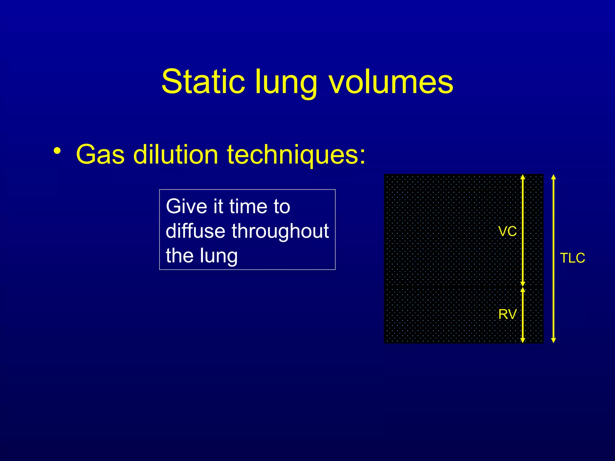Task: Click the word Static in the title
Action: click(x=203, y=82)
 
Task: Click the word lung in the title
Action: click(x=286, y=84)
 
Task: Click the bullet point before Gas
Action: click(x=57, y=151)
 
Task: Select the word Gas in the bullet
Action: click(x=100, y=155)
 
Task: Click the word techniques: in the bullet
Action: click(x=296, y=155)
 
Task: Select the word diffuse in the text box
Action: click(x=195, y=231)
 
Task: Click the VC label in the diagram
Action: click(x=507, y=231)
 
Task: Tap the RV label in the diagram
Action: click(x=507, y=314)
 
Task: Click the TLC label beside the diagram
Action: click(x=572, y=258)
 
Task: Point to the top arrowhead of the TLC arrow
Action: click(x=554, y=177)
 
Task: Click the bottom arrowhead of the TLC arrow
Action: click(x=554, y=340)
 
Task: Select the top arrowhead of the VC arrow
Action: click(x=523, y=177)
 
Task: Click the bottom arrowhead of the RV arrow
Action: click(x=523, y=340)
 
